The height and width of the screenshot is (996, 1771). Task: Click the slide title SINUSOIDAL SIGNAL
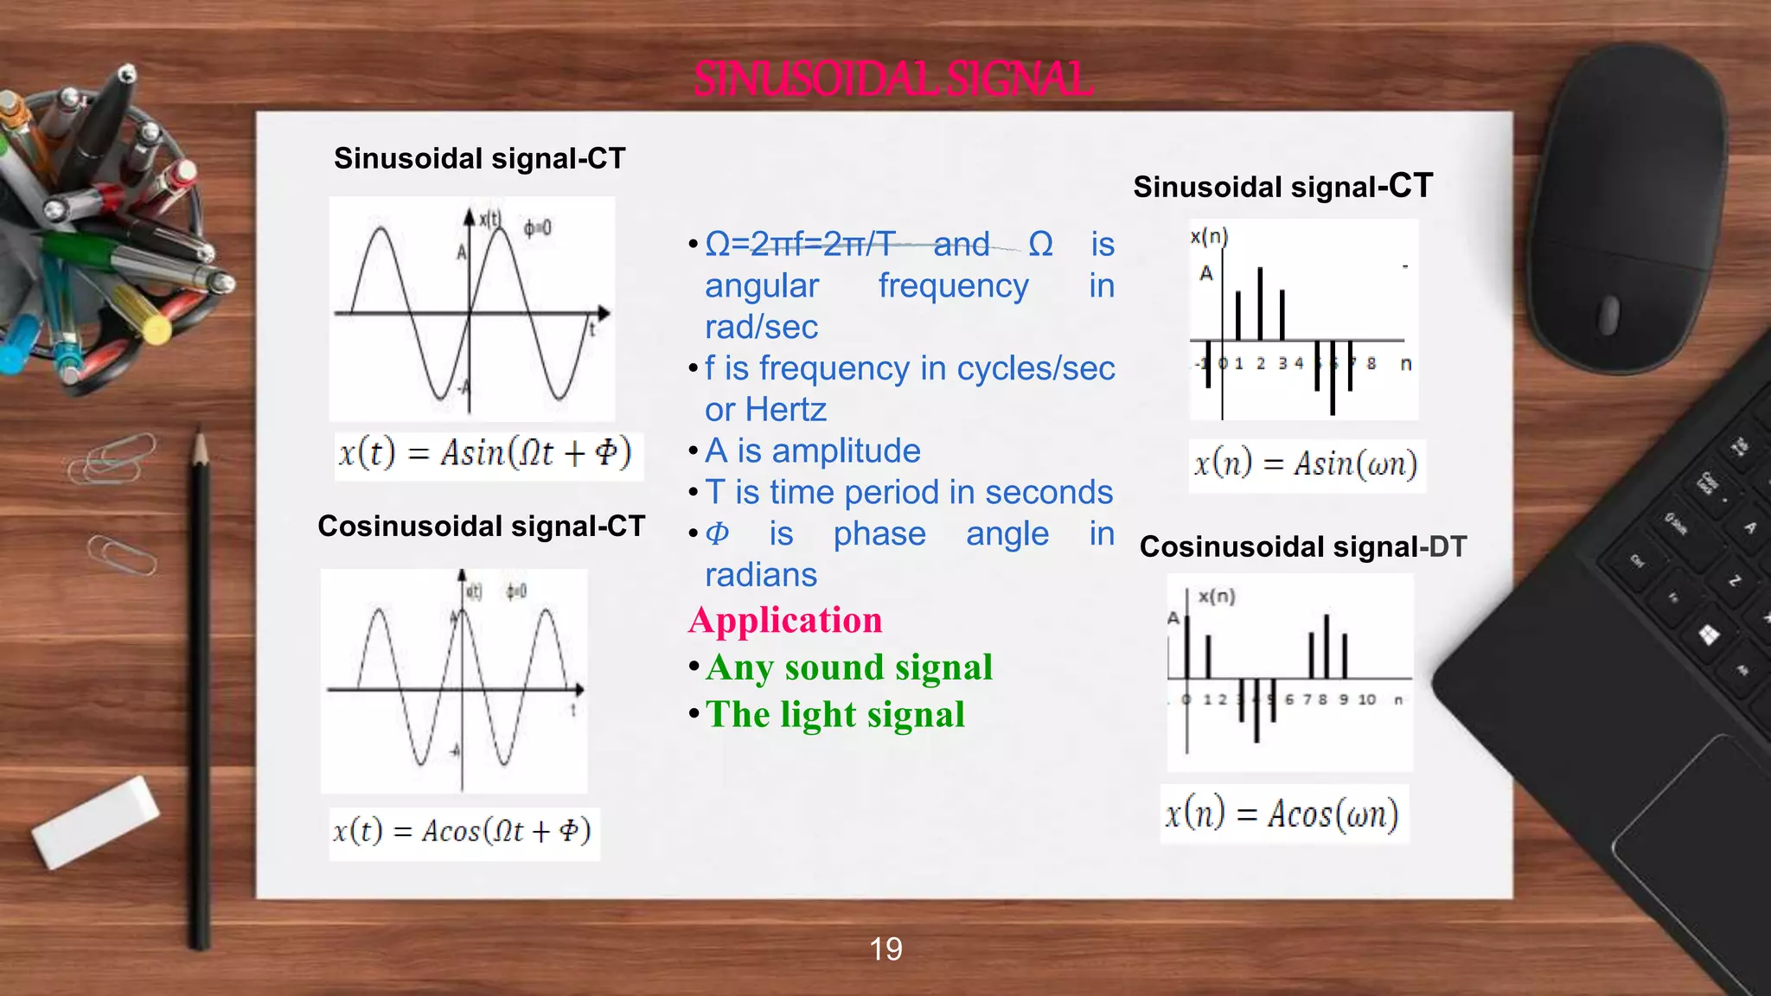pyautogui.click(x=892, y=80)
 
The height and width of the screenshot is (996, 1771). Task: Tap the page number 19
pyautogui.click(x=885, y=949)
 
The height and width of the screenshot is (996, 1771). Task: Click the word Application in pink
pyautogui.click(x=785, y=621)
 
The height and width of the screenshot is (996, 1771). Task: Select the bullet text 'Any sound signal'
pyautogui.click(x=848, y=667)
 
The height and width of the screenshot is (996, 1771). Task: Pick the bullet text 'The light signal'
pyautogui.click(x=834, y=715)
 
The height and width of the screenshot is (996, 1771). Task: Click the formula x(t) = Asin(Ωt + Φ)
pyautogui.click(x=485, y=454)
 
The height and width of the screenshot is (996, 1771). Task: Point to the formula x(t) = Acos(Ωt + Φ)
pyautogui.click(x=463, y=832)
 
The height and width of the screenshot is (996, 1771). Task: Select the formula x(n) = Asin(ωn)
pyautogui.click(x=1306, y=465)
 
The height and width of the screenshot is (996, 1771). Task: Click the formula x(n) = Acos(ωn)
pyautogui.click(x=1282, y=814)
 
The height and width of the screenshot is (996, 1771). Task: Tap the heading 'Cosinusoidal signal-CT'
pyautogui.click(x=481, y=526)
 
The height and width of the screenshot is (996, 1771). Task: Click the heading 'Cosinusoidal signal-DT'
pyautogui.click(x=1302, y=546)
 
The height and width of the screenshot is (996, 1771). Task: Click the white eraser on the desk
pyautogui.click(x=95, y=821)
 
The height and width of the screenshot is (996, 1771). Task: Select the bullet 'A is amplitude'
pyautogui.click(x=812, y=451)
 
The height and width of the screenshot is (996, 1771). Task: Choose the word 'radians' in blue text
pyautogui.click(x=761, y=575)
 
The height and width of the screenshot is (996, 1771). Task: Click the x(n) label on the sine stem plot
pyautogui.click(x=1209, y=237)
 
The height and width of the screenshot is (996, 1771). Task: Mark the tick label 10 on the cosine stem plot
pyautogui.click(x=1366, y=699)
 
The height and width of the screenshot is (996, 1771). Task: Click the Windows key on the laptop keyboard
pyautogui.click(x=1709, y=636)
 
